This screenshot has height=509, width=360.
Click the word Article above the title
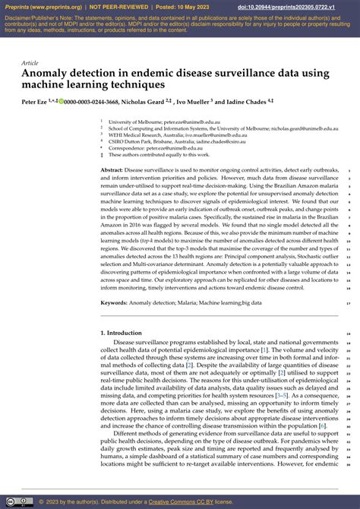(x=30, y=63)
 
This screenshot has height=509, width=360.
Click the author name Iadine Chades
(x=248, y=100)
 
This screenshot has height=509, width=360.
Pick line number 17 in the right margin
(x=347, y=303)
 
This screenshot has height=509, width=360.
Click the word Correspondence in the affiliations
(x=126, y=147)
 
